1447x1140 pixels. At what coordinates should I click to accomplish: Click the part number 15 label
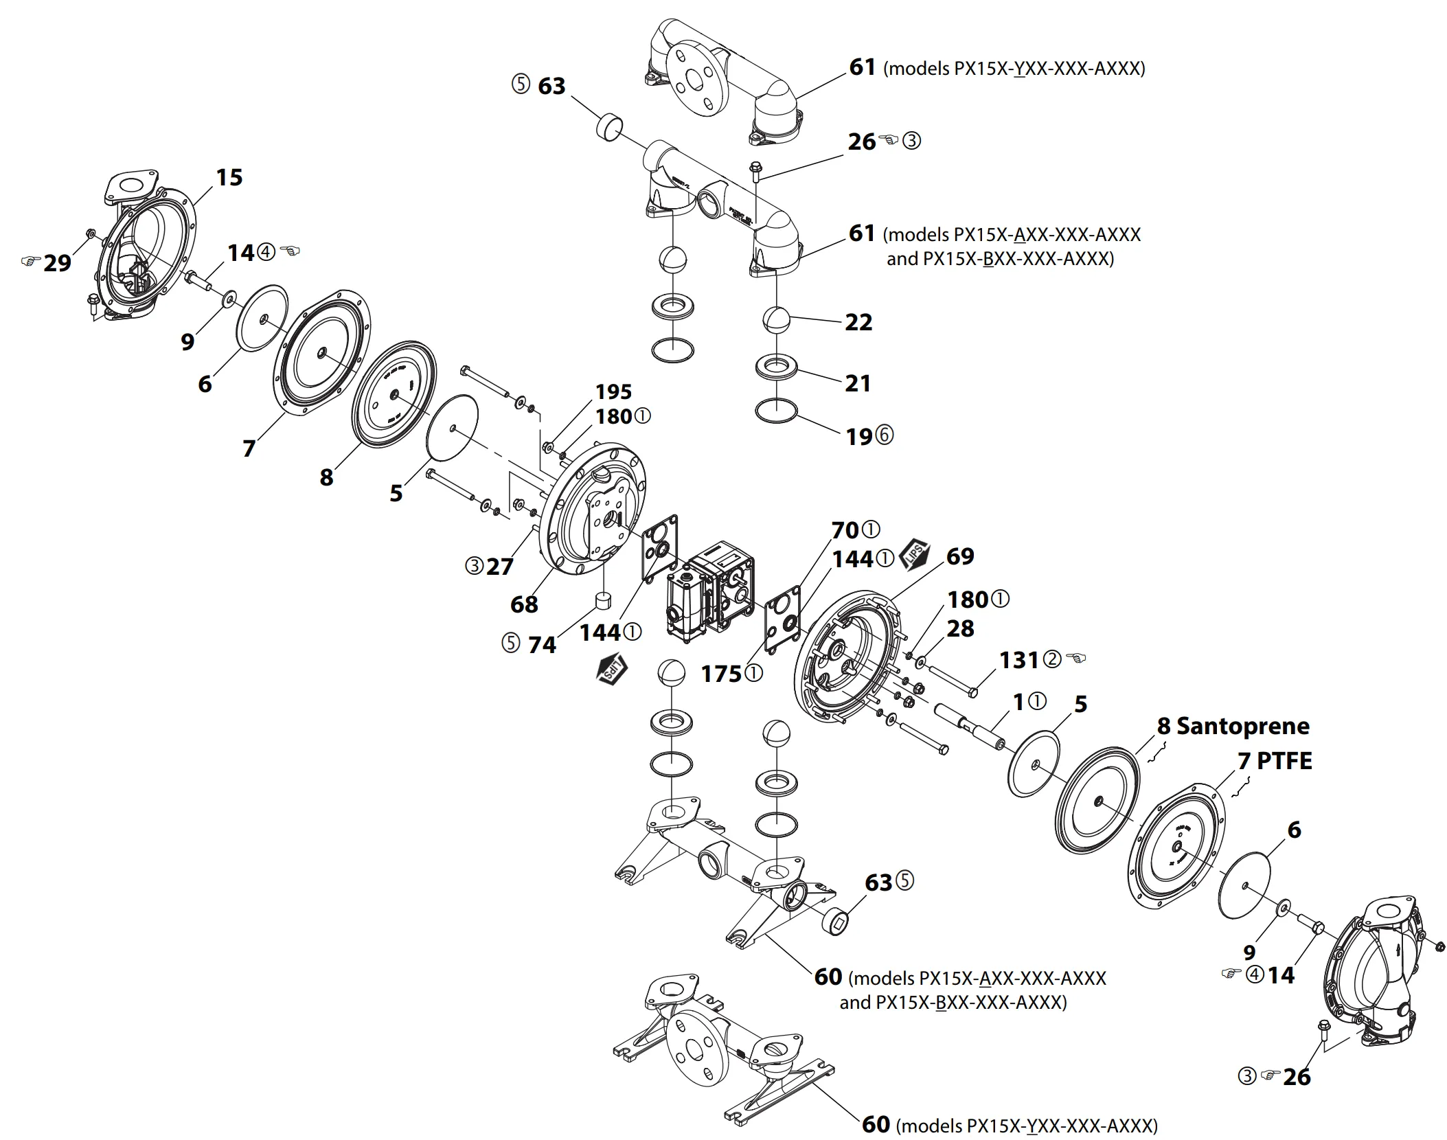tap(229, 177)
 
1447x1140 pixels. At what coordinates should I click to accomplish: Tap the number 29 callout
tap(57, 263)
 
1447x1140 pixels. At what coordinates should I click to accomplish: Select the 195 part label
tap(613, 391)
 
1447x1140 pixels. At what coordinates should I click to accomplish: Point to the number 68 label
tap(524, 604)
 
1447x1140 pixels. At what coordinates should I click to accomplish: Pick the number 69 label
tap(959, 556)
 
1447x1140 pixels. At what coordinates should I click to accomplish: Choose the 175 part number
tap(721, 674)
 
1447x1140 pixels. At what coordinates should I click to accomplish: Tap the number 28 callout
tap(959, 628)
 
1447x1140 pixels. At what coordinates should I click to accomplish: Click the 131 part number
tap(1019, 660)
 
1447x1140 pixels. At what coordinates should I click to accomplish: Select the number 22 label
tap(858, 322)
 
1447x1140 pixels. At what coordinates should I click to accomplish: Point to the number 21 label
tap(858, 383)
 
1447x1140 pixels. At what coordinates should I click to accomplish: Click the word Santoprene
tap(1243, 726)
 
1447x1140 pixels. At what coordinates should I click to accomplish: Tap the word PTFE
tap(1284, 761)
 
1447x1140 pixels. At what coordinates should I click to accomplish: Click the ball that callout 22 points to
tap(777, 320)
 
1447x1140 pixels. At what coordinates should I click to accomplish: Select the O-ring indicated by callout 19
tap(776, 411)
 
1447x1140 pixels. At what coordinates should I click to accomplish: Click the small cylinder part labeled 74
tap(602, 600)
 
